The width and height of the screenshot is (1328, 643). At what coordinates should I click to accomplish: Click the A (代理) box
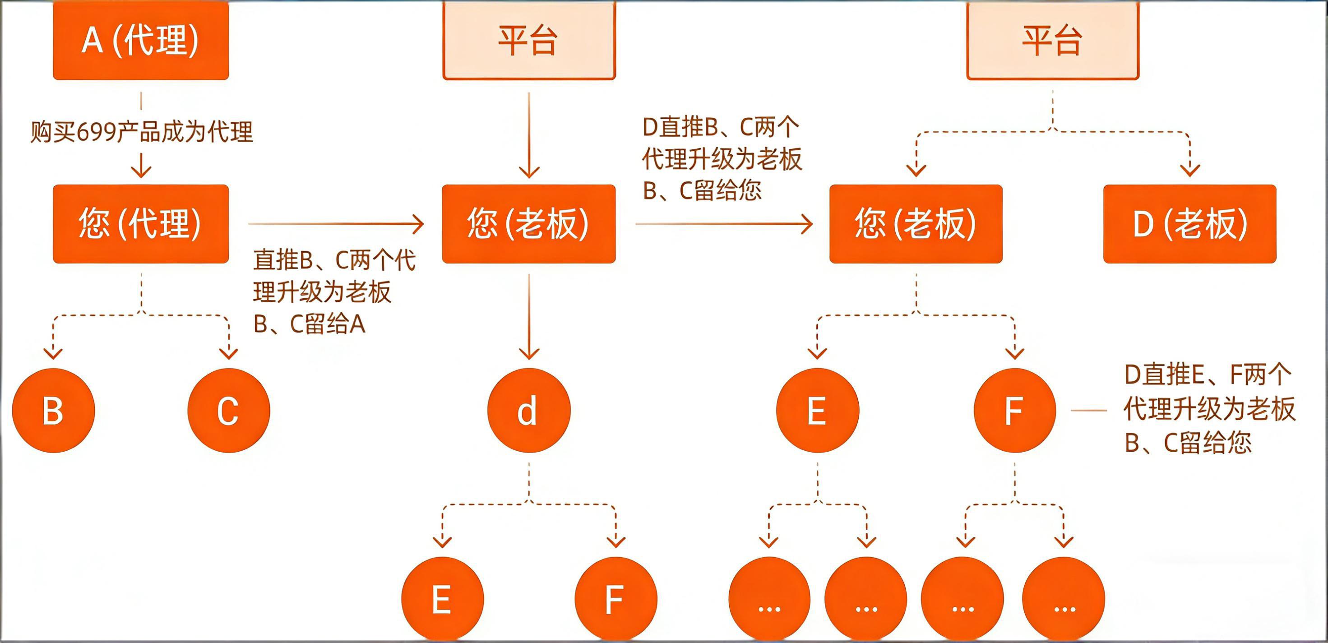point(140,40)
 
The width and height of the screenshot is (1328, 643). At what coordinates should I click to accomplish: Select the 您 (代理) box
point(140,223)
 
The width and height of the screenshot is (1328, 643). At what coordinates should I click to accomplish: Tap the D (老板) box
point(1189,223)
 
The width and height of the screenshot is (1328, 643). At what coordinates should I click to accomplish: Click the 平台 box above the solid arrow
point(528,40)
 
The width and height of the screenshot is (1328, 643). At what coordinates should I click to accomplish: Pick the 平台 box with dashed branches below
point(1052,40)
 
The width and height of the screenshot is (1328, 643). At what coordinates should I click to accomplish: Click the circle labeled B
point(53,411)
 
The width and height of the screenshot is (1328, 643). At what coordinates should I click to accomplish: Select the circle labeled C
point(228,411)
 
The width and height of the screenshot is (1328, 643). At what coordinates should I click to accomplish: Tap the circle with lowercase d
point(528,411)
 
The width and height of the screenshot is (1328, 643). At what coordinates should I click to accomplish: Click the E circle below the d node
point(442,599)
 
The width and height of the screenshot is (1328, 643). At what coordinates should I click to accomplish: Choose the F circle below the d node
point(615,599)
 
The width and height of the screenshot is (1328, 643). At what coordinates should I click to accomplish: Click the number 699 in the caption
point(97,132)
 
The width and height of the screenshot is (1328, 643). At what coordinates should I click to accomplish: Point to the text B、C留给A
point(309,324)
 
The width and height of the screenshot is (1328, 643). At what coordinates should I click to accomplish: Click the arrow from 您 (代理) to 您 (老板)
point(335,224)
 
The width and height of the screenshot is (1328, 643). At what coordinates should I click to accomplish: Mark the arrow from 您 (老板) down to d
point(528,315)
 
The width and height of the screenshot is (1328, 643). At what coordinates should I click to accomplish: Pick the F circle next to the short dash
point(1014,411)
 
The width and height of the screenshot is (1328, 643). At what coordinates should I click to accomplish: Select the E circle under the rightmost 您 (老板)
point(817,411)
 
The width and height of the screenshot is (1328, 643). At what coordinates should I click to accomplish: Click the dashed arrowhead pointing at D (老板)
point(1190,169)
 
